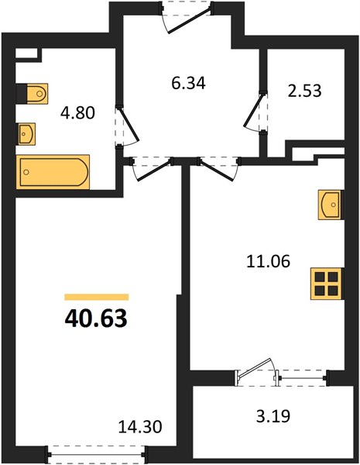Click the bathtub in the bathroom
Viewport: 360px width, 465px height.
pos(53,172)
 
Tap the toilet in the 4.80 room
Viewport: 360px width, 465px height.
pos(32,94)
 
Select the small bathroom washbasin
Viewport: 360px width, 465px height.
pos(26,134)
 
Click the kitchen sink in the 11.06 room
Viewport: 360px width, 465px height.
pos(331,205)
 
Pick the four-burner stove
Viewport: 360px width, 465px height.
pos(327,284)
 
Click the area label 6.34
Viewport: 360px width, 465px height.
pos(188,83)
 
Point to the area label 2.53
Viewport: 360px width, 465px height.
pos(304,91)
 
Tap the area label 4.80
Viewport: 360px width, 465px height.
pos(77,112)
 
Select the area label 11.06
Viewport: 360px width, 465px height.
pos(268,262)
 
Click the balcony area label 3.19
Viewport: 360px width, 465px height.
pos(273,415)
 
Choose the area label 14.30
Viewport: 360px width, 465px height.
pos(140,427)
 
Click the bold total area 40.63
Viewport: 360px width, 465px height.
pos(96,319)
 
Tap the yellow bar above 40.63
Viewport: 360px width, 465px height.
pos(97,297)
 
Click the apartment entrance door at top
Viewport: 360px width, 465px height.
pos(187,16)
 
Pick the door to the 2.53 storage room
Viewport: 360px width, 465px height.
pos(255,112)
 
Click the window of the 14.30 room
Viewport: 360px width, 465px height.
pos(96,454)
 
